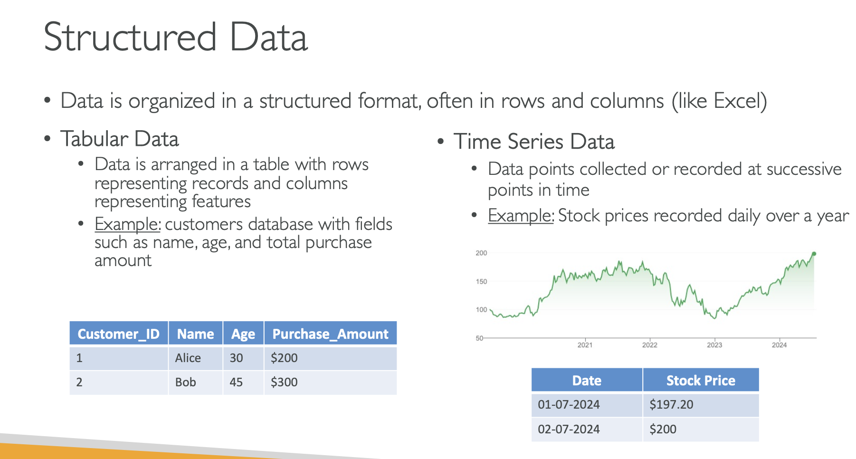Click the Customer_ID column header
coord(119,334)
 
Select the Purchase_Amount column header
coord(331,334)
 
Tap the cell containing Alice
coord(196,358)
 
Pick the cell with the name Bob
coord(196,382)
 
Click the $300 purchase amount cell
coord(331,382)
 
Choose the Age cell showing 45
coord(243,382)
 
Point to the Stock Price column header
coord(701,380)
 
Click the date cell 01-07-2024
coord(587,405)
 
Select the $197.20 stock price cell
coord(701,405)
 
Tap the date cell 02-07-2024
coord(587,430)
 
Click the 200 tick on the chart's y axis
coord(481,253)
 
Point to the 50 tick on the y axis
coord(479,338)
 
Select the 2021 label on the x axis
coord(585,345)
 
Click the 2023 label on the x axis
coord(714,345)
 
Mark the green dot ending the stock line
coord(814,254)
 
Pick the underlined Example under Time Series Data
coord(521,216)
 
